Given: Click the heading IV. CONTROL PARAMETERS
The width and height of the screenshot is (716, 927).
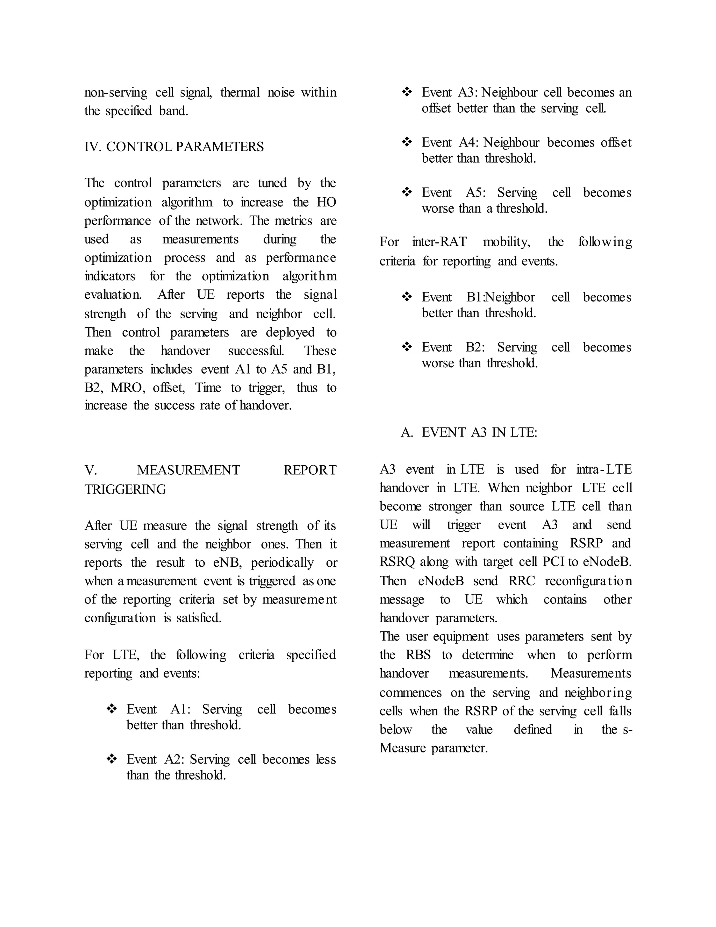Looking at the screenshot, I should [174, 147].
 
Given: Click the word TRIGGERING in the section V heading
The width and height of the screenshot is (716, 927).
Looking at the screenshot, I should [125, 489].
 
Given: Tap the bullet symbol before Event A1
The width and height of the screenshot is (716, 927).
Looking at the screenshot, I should [112, 709].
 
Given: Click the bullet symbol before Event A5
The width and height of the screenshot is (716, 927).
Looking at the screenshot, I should [407, 192].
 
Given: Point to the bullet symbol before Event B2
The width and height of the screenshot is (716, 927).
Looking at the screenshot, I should [407, 347].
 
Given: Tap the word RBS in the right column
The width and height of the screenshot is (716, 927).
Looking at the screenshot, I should [418, 654].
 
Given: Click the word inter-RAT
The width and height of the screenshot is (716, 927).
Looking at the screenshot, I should [439, 242].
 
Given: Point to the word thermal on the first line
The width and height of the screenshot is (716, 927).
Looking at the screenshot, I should [239, 93].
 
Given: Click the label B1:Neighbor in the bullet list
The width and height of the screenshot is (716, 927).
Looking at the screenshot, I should [501, 297].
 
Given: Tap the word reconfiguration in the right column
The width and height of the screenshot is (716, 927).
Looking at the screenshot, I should [588, 581].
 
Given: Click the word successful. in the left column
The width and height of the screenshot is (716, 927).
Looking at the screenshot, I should [256, 351].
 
